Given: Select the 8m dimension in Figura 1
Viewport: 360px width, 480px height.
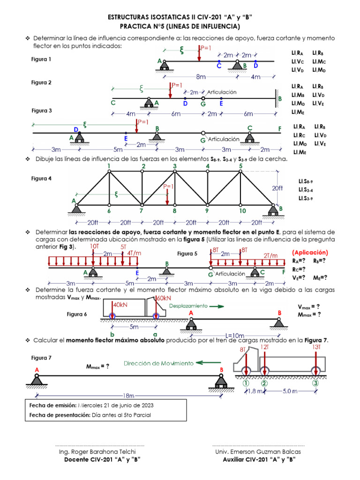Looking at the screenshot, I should point(201,76).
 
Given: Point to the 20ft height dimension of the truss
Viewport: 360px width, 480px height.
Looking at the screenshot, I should point(277,188).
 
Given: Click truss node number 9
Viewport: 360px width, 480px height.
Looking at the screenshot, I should point(207,211).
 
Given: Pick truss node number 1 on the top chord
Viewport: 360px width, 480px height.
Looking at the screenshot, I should point(109,165).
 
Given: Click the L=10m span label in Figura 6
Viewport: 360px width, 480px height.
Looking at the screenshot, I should point(234,336).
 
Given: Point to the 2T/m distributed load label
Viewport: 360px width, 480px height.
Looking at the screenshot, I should point(270,255).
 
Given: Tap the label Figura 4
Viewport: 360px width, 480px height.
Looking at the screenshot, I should point(41,179).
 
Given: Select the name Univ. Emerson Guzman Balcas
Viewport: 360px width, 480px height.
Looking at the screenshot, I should point(258,451).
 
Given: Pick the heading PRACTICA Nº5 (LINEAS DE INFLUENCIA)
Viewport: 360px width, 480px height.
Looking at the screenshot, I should point(180,26).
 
